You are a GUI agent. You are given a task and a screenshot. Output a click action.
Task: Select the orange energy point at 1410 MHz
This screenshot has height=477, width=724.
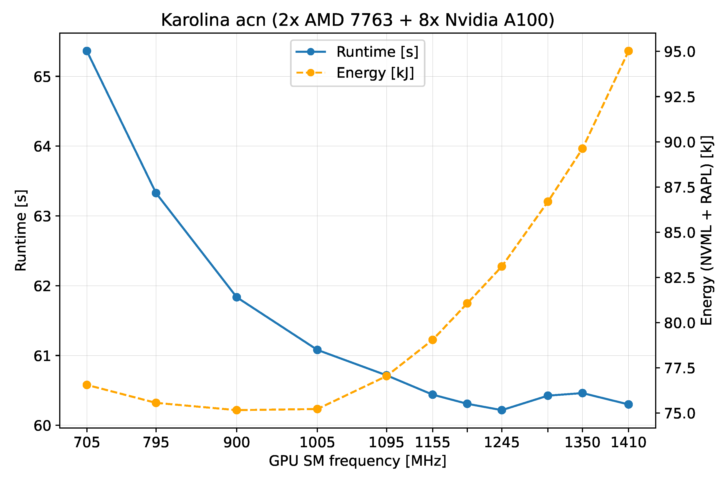(x=628, y=51)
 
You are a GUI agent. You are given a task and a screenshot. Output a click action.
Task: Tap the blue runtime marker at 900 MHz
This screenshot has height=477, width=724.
(x=237, y=297)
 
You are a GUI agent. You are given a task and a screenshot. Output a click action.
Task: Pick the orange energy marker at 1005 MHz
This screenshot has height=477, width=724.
(x=317, y=409)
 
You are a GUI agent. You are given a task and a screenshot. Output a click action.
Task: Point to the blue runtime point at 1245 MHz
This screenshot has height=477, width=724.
(x=502, y=410)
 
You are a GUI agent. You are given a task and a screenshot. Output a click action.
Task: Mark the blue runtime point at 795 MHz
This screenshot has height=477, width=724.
(x=156, y=193)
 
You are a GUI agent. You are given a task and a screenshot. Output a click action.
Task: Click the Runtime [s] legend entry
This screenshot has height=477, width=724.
(x=377, y=52)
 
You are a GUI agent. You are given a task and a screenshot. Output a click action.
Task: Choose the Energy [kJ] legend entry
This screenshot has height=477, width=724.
(x=375, y=73)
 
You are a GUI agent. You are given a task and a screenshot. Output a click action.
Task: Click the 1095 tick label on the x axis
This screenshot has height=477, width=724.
(x=386, y=443)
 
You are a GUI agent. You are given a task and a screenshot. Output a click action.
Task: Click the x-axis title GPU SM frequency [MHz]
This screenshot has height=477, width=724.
(x=358, y=461)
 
